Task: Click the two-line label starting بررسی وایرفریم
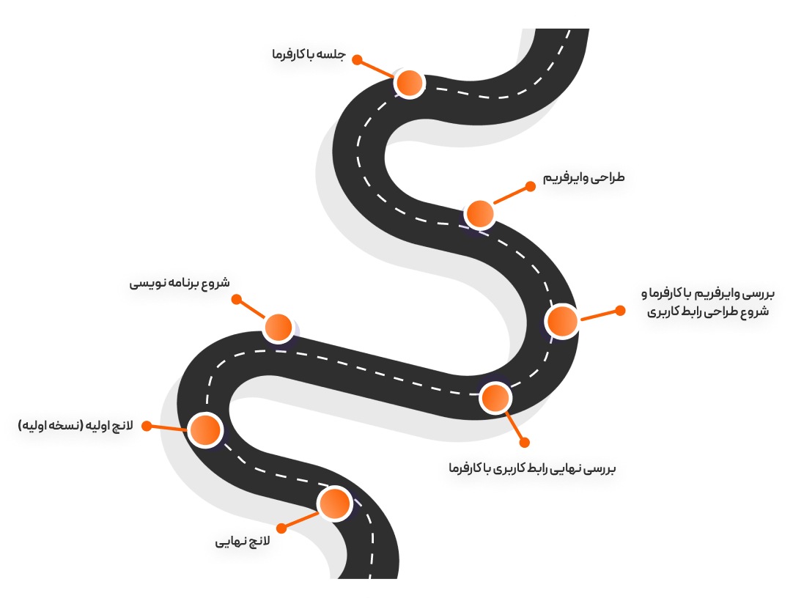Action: (x=706, y=303)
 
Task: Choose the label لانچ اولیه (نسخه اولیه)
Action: (x=75, y=426)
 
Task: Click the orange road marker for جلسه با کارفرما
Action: (x=410, y=83)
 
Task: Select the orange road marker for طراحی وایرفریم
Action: (x=480, y=213)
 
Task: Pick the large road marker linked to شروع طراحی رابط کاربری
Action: (x=563, y=321)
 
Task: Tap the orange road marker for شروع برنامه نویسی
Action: (x=279, y=327)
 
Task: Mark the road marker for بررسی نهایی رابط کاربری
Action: (x=495, y=397)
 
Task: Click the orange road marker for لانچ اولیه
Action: (x=205, y=429)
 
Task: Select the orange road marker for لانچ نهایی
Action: (x=335, y=504)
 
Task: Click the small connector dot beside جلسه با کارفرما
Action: (x=358, y=60)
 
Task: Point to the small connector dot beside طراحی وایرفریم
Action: (x=531, y=186)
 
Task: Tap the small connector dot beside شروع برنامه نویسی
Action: (x=236, y=299)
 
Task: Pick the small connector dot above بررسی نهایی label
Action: (x=524, y=442)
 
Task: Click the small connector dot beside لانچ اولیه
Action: (x=147, y=426)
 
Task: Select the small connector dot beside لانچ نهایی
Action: (x=281, y=528)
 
